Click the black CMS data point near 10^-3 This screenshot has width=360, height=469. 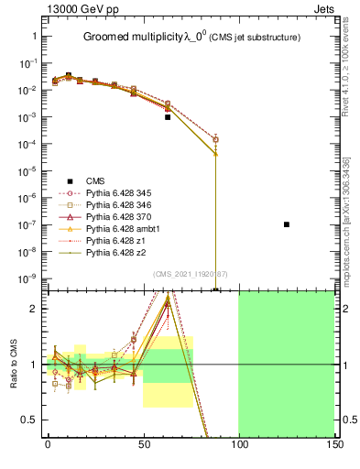(x=168, y=117)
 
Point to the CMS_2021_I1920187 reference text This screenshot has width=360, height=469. (x=190, y=273)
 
